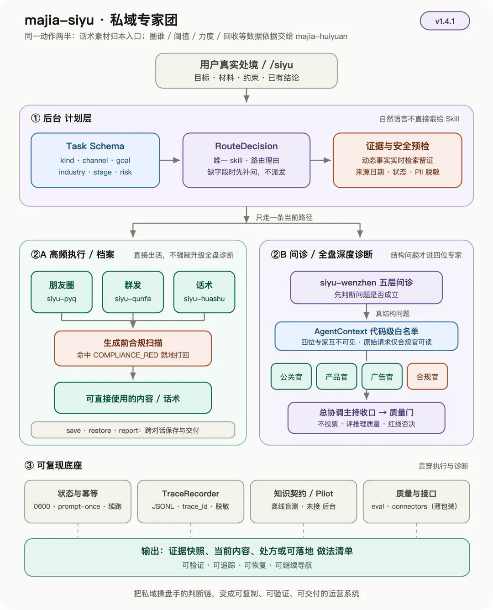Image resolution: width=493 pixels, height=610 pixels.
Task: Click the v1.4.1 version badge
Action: [x=445, y=21]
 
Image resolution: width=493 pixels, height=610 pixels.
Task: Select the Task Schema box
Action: [x=95, y=160]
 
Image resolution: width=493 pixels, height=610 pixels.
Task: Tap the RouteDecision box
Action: [x=246, y=160]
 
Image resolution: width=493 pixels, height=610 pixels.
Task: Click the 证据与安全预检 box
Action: [x=398, y=160]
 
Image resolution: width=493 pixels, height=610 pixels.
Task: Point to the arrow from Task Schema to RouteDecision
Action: [x=170, y=160]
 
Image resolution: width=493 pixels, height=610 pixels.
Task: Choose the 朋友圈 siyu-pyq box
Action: [x=62, y=292]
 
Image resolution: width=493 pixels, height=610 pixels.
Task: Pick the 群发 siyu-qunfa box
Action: [x=133, y=292]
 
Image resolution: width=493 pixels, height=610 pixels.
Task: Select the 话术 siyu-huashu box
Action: [x=204, y=292]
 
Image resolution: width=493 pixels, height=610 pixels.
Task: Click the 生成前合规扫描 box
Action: [x=133, y=348]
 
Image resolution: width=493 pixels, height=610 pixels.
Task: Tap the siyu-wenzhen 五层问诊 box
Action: [x=366, y=288]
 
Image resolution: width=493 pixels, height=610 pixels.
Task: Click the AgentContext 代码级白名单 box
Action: [x=366, y=336]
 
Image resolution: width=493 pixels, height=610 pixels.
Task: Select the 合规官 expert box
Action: [x=427, y=376]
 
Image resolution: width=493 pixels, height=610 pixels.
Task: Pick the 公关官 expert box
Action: [x=291, y=376]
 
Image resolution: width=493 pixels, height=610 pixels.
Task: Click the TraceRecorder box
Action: [x=191, y=501]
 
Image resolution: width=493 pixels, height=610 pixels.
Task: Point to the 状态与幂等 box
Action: [x=78, y=501]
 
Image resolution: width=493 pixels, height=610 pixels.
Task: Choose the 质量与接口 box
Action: [x=416, y=501]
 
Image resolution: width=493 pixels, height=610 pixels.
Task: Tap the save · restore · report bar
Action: [x=133, y=430]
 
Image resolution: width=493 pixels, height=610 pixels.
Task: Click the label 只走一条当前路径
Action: [x=284, y=217]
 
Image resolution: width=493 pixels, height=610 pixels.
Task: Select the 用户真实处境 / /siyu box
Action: [x=246, y=71]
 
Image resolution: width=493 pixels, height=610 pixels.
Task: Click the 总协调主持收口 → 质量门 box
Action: [x=366, y=418]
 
